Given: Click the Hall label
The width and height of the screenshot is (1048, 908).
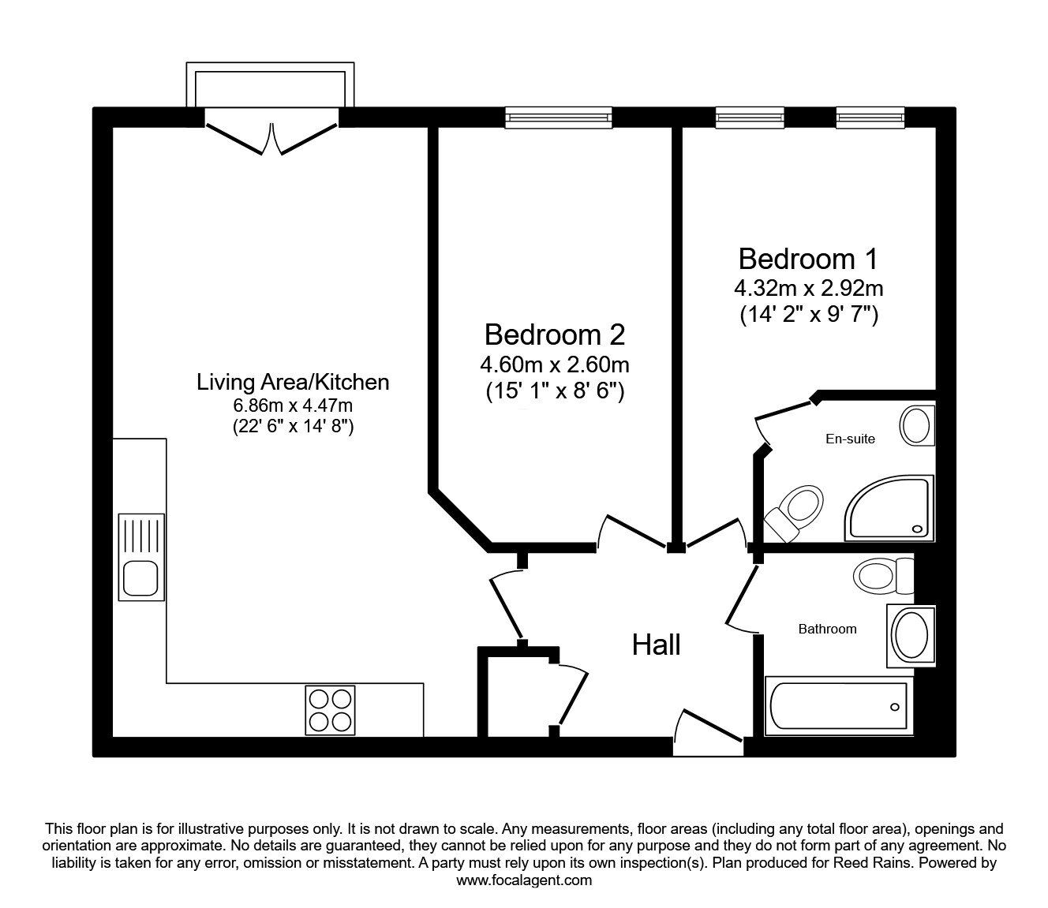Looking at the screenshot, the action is pos(656,645).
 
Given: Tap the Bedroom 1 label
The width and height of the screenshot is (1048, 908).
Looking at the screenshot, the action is pos(807,259).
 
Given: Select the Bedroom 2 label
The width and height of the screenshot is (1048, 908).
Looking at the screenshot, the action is pos(555,334).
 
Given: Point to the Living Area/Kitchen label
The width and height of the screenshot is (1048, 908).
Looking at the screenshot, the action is pos(293,383).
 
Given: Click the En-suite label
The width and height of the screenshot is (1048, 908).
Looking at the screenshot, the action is pos(850,439).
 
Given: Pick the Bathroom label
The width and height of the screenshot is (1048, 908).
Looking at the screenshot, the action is pos(828,630).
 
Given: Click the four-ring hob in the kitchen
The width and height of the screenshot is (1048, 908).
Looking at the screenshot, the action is pos(330,710).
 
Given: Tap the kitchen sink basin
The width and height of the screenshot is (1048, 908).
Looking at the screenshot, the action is pos(141,578).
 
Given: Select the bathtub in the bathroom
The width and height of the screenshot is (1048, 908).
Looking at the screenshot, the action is pos(839,706).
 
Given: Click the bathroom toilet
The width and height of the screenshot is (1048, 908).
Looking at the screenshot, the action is pos(884,575).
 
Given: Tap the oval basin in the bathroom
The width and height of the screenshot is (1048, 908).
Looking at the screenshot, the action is pos(911,636).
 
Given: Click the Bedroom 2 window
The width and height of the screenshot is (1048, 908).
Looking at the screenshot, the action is pos(559,118).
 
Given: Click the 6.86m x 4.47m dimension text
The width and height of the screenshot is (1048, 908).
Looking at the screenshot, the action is pos(293,405).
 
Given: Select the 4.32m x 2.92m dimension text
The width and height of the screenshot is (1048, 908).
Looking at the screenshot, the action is pos(809,289).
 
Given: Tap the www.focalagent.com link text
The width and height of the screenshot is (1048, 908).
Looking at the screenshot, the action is pos(524,880).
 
